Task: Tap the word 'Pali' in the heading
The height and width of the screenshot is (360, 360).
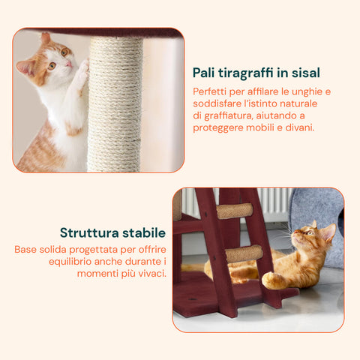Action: tap(205, 73)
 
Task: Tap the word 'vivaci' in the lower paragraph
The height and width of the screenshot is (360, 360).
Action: tap(148, 273)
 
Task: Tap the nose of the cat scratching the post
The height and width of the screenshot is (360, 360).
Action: tap(68, 64)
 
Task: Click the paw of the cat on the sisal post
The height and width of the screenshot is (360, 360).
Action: tap(82, 70)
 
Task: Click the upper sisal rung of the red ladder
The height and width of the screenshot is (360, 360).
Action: tap(235, 211)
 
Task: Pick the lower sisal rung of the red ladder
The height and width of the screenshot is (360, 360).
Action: tap(244, 253)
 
